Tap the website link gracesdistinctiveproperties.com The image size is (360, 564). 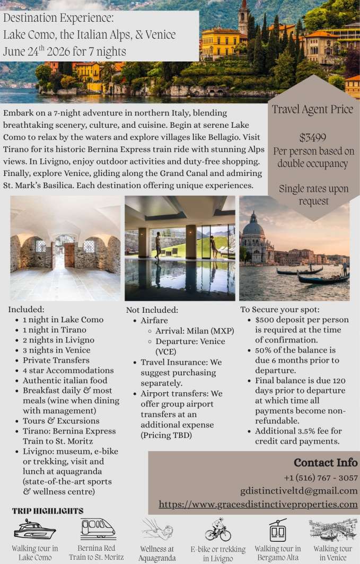258,505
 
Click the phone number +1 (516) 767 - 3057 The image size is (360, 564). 320,478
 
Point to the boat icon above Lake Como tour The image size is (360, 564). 34,528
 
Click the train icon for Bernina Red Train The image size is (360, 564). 98,528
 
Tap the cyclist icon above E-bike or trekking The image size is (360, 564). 218,529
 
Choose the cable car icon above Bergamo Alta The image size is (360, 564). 277,530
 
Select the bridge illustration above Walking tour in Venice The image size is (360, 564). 332,529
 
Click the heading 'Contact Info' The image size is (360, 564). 326,463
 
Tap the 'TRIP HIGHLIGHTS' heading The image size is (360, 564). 48,511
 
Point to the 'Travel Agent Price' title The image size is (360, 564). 312,110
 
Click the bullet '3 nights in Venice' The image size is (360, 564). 56,350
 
